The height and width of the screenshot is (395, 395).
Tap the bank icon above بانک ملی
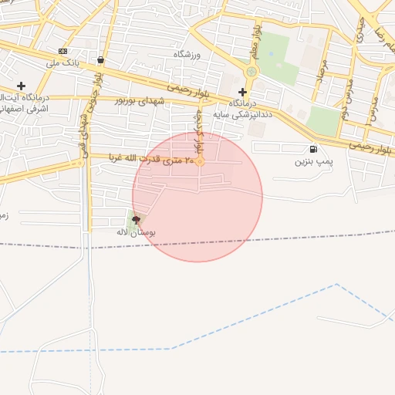tap(62, 51)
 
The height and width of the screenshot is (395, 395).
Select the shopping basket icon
tap(101, 59)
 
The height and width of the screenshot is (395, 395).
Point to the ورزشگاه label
tap(188, 54)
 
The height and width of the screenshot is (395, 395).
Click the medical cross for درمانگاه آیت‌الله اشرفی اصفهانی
tap(21, 86)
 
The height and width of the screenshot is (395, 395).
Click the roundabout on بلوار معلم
tap(251, 72)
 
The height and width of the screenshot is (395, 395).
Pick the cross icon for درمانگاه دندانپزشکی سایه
tap(242, 92)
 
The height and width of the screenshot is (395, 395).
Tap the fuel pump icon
tap(312, 149)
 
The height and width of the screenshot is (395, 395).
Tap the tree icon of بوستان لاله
tap(137, 221)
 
